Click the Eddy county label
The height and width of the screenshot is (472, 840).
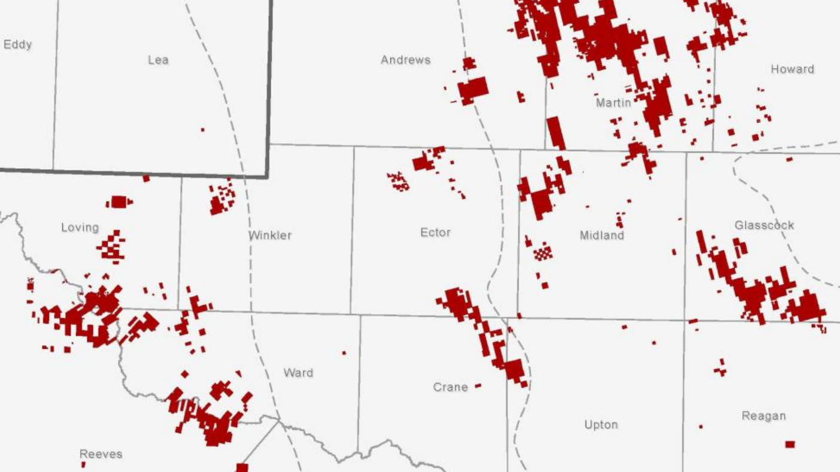click(x=17, y=45)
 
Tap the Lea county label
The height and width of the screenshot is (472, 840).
click(x=158, y=60)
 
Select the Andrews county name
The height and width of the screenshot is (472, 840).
click(x=405, y=60)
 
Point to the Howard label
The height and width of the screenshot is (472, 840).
click(x=792, y=69)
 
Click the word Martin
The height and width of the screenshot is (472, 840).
click(x=613, y=103)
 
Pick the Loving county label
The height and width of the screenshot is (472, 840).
click(x=80, y=227)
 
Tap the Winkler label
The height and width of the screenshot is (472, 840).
click(x=271, y=235)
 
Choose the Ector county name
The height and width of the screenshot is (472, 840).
click(x=435, y=233)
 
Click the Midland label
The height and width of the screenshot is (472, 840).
click(x=602, y=236)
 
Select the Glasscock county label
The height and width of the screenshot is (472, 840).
click(x=764, y=226)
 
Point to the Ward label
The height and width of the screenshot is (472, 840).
click(x=298, y=373)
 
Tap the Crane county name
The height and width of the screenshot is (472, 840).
click(x=450, y=388)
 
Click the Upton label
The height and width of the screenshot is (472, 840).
click(x=601, y=425)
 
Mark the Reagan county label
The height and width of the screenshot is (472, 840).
click(x=763, y=416)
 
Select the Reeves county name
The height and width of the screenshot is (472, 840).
click(x=101, y=454)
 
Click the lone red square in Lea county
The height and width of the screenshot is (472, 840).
click(x=202, y=129)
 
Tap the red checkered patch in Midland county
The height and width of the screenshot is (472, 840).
click(x=542, y=252)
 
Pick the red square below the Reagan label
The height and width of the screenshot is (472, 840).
click(x=790, y=444)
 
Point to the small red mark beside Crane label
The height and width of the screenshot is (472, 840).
click(x=478, y=386)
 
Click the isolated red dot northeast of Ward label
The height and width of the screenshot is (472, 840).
click(x=344, y=353)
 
